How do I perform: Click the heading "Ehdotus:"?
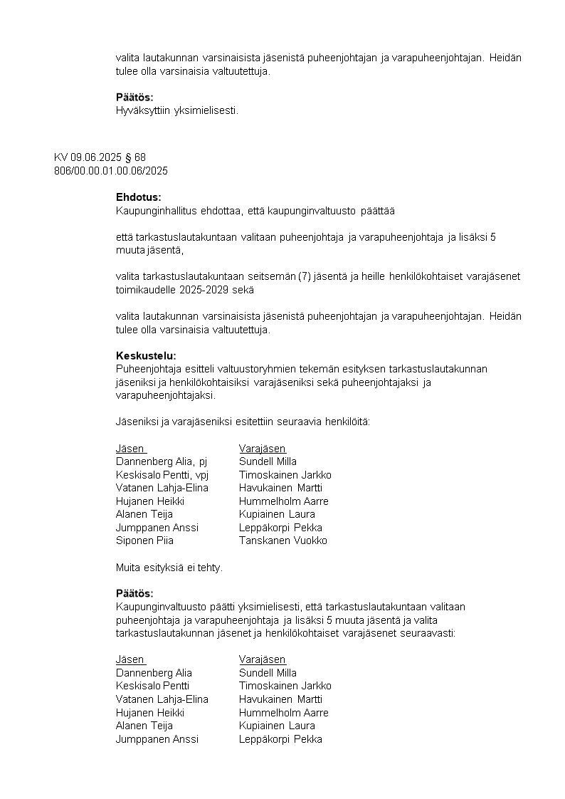click(138, 197)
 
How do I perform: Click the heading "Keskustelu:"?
click(145, 355)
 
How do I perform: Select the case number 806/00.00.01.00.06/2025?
click(111, 171)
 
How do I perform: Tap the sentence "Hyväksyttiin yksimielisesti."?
click(176, 110)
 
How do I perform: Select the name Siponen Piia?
click(144, 540)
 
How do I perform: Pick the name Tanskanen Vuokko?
click(283, 540)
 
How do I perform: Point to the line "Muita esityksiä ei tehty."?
click(169, 568)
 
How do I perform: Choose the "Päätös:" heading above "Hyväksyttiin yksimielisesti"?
click(134, 97)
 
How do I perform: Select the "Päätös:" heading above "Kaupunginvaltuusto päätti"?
click(134, 593)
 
